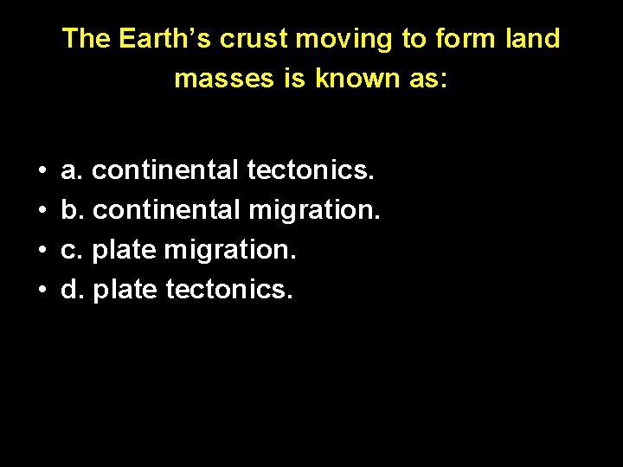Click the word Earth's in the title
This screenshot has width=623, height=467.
pos(165,39)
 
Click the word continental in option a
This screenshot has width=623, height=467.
pos(165,171)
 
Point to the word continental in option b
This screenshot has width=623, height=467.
pos(165,210)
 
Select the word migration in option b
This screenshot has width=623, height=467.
pos(314,210)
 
